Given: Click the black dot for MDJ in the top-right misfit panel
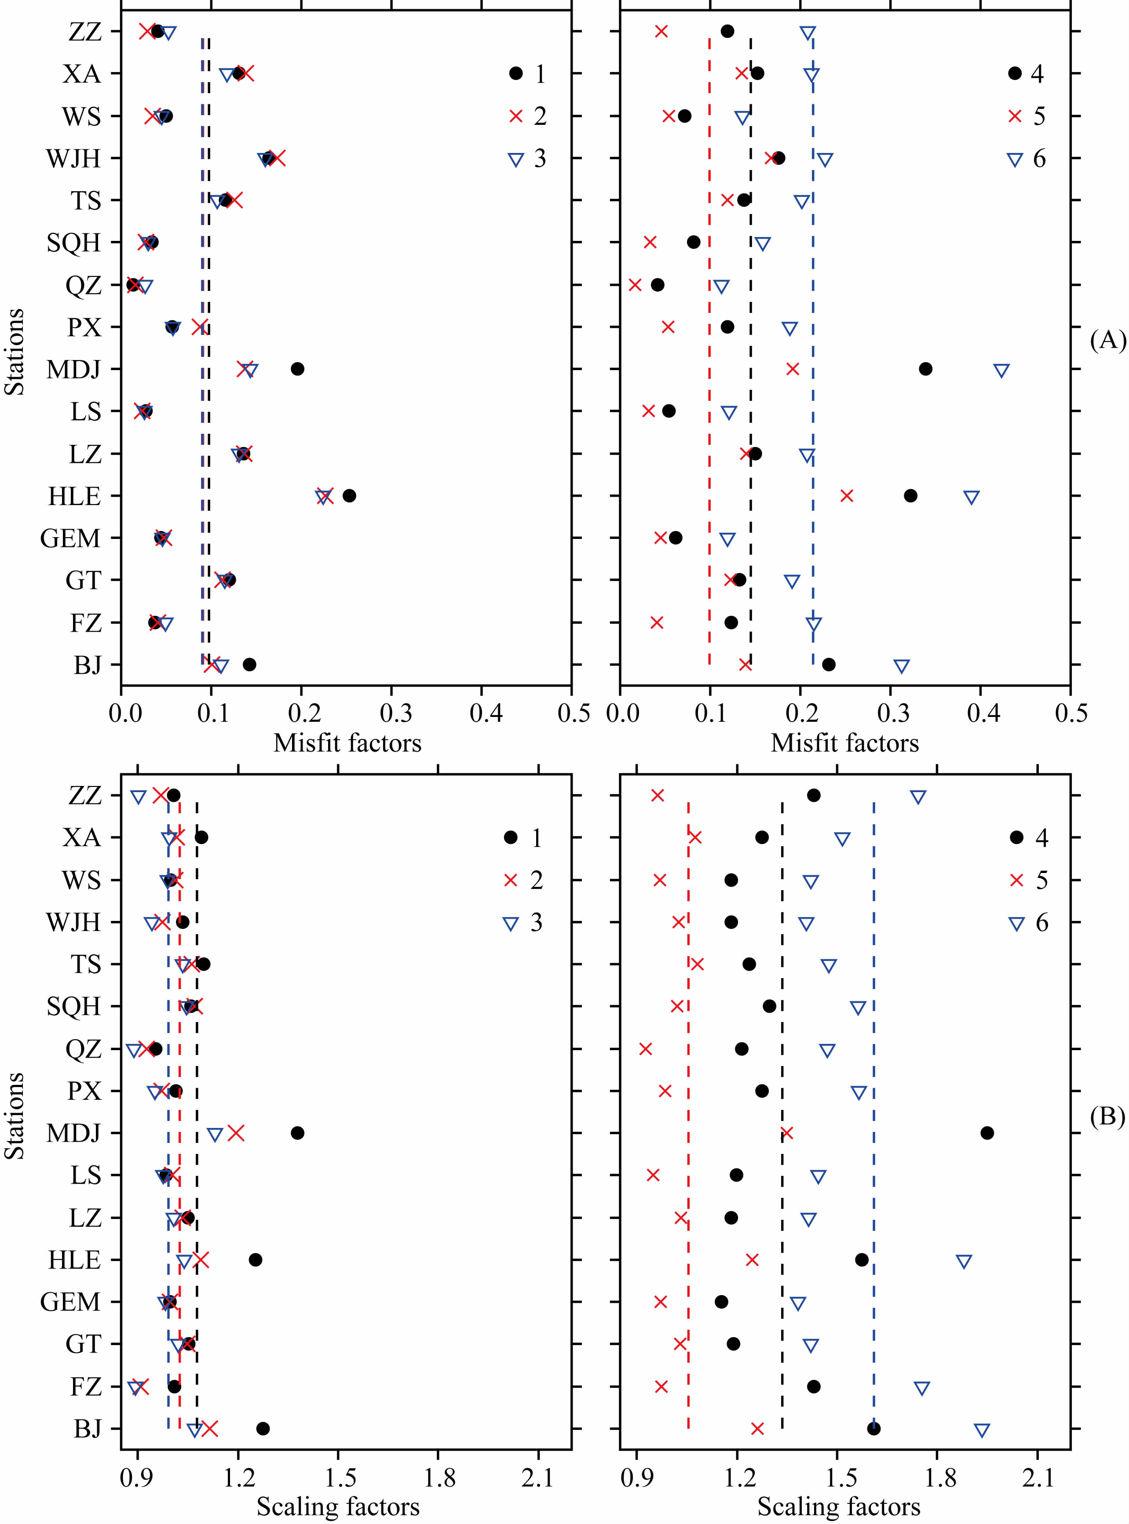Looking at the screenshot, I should coord(925,369).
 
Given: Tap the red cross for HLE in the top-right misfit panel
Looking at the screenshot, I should coord(847,495).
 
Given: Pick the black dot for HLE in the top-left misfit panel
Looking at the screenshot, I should coord(349,495).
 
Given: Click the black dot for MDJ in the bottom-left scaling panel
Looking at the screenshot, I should coord(297,1133).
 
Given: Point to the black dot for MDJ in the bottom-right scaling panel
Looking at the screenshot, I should coord(987,1133).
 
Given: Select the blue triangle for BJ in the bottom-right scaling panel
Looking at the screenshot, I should coord(981,1430).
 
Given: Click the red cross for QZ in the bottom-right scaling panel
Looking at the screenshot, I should coord(645,1048).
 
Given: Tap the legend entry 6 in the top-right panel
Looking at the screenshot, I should coord(1039,159).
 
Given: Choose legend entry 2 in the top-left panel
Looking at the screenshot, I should coord(540,116).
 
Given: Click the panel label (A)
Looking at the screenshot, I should coord(1107,339).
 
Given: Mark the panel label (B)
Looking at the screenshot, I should coord(1107,1116).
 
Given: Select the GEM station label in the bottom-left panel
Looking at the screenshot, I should coord(70,1301).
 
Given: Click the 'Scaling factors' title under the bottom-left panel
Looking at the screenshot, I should coord(338,1506).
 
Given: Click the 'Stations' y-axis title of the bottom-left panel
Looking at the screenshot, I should coord(15,1116).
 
